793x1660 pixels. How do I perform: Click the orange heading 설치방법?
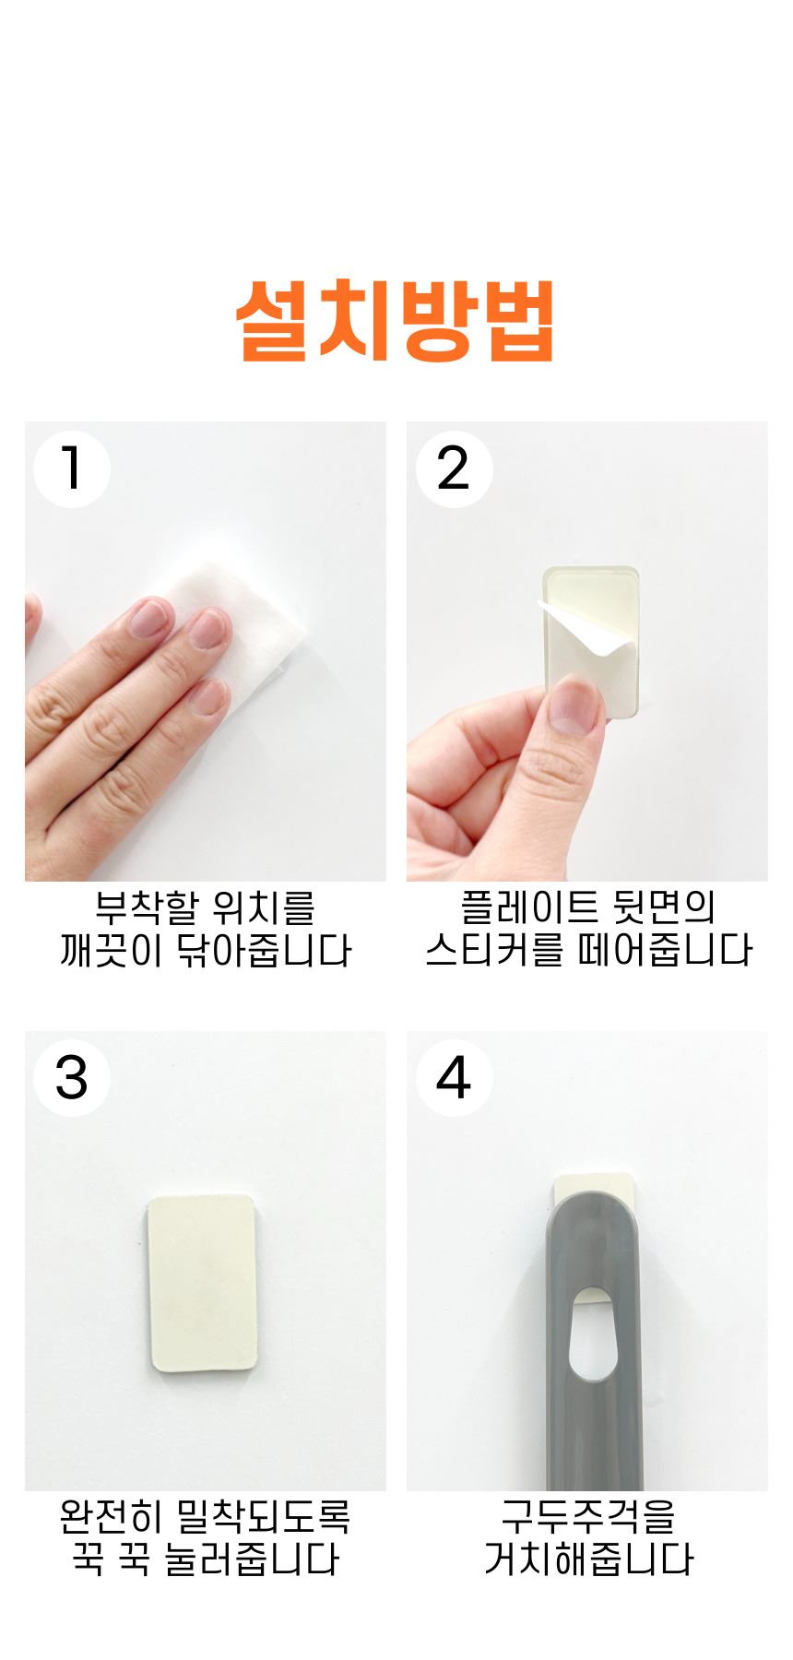pyautogui.click(x=396, y=320)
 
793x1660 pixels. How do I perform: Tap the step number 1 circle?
pyautogui.click(x=72, y=468)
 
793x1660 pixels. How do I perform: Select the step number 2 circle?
pyautogui.click(x=454, y=468)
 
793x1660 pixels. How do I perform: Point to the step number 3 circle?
pyautogui.click(x=72, y=1077)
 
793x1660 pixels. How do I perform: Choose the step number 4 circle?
pyautogui.click(x=454, y=1077)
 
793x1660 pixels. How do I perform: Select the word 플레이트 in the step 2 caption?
pyautogui.click(x=526, y=907)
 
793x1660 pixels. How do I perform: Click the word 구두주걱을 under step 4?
pyautogui.click(x=588, y=1517)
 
